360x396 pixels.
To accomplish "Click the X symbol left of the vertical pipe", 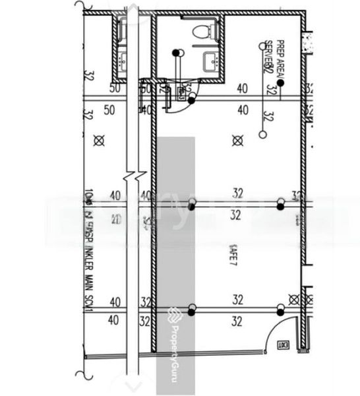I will click(100, 140).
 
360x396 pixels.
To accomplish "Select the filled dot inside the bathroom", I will click(176, 52).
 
